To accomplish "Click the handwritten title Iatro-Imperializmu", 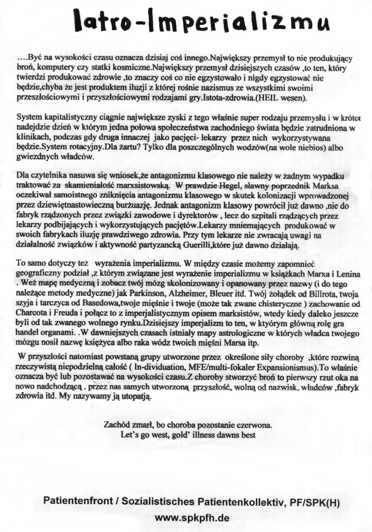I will tap(202, 21).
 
